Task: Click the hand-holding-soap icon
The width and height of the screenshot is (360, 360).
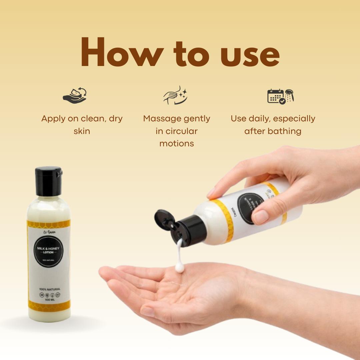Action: [x=75, y=96]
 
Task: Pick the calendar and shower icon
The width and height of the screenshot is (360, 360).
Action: [x=280, y=96]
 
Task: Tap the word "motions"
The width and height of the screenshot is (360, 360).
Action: [x=177, y=144]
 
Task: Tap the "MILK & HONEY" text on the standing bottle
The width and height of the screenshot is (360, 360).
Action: [x=48, y=248]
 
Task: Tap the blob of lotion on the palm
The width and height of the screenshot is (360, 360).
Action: [x=180, y=267]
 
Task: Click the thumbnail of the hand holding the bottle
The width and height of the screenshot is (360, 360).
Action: [x=261, y=217]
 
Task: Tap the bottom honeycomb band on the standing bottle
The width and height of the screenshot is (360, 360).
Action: [x=49, y=305]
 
